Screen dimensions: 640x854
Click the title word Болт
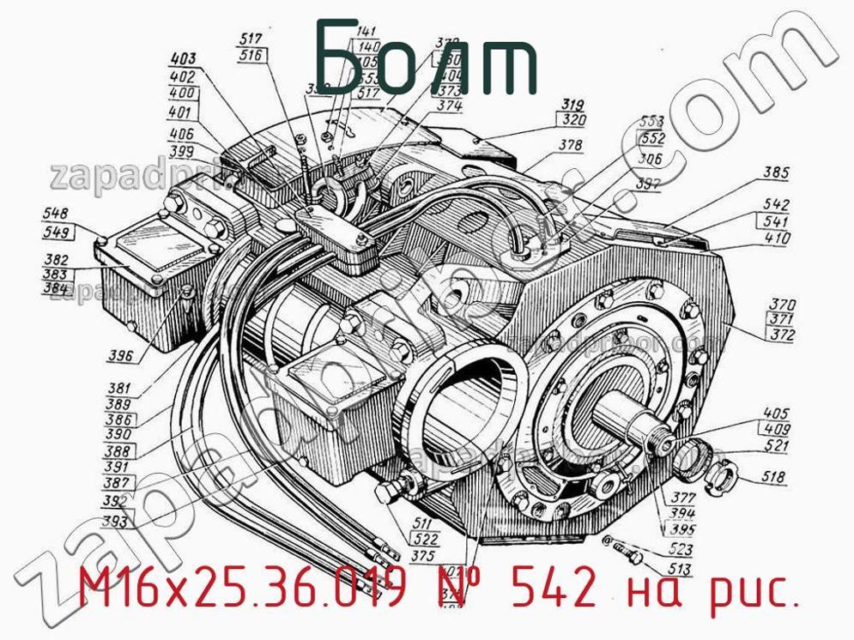click(427, 58)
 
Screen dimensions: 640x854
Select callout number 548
click(56, 214)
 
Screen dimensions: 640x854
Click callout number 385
click(776, 173)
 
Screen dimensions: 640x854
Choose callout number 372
click(782, 335)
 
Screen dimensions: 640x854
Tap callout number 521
click(775, 447)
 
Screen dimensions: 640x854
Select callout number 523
click(679, 551)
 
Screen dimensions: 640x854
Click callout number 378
click(570, 146)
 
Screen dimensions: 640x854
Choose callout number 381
click(119, 387)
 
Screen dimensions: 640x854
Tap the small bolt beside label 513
click(629, 557)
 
